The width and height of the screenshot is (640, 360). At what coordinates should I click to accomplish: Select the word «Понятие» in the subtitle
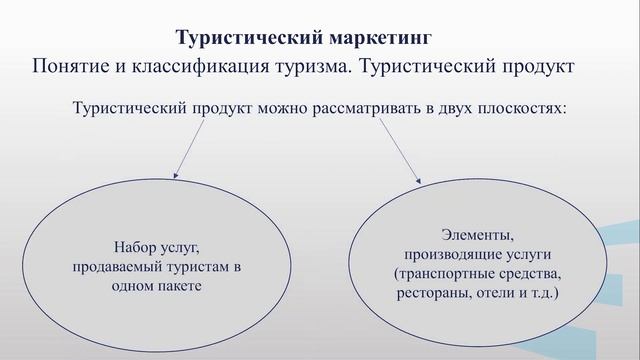tap(73, 67)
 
